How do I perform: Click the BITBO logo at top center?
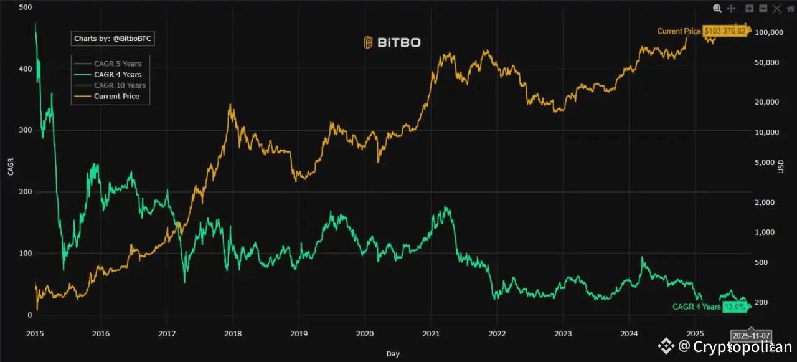click(392, 42)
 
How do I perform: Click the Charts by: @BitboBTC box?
click(112, 39)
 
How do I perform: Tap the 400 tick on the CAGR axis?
click(24, 69)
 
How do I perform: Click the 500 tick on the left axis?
click(24, 7)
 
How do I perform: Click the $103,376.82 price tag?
click(725, 31)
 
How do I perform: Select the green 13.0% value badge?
click(734, 307)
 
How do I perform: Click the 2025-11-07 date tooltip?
click(751, 335)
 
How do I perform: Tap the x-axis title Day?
click(393, 354)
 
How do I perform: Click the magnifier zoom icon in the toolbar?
click(717, 9)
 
